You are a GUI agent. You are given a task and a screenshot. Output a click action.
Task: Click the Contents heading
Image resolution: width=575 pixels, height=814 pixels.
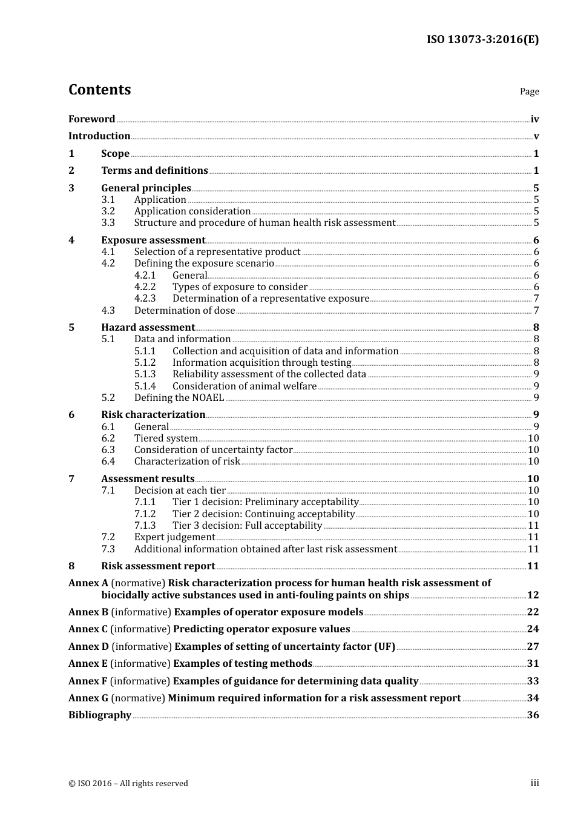coord(99,90)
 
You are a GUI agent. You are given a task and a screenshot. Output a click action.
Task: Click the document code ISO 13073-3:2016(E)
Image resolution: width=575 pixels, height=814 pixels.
coord(482,39)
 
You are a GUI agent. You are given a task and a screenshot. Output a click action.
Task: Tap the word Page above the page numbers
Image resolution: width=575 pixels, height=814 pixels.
coord(529,91)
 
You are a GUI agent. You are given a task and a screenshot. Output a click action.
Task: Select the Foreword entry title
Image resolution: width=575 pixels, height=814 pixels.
coord(91,119)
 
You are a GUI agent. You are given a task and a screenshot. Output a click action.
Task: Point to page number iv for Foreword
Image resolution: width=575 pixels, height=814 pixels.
coord(534,119)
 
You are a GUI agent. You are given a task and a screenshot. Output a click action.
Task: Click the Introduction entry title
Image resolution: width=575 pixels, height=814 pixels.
coord(99,136)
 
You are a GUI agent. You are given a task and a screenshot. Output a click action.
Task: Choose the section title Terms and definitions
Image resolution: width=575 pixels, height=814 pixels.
coord(154,170)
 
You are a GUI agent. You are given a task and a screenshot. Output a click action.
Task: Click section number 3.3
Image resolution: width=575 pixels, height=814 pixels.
coord(108,222)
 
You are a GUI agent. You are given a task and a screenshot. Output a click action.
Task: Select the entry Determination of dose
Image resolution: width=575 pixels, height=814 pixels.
coord(185,310)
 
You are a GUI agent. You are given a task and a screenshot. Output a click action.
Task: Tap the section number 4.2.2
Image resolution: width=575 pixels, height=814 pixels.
coord(145,286)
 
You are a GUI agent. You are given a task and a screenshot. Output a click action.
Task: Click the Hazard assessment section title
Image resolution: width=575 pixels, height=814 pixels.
coord(148,327)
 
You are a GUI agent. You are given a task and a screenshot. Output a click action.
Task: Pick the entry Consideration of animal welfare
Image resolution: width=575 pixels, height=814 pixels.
coord(245,386)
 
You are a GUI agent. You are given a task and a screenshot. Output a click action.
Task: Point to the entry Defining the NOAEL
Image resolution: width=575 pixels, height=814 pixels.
coord(179,397)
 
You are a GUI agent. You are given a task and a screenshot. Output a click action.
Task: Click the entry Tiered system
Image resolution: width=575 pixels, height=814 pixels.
coord(166,438)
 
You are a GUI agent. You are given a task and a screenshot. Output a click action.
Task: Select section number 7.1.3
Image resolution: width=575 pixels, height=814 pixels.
coord(145,525)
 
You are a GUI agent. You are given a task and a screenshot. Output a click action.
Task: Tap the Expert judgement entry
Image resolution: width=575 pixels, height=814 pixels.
coord(174,537)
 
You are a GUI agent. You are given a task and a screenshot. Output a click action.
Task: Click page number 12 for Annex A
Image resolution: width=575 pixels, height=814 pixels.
coord(533,595)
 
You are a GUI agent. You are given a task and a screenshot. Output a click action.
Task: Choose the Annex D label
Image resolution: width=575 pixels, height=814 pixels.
coord(88,646)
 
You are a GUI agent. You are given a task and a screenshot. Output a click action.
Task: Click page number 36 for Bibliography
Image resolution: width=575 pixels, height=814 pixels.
coord(533,715)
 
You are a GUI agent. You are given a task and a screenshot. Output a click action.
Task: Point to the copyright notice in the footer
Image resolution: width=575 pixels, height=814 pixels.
coord(128,783)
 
